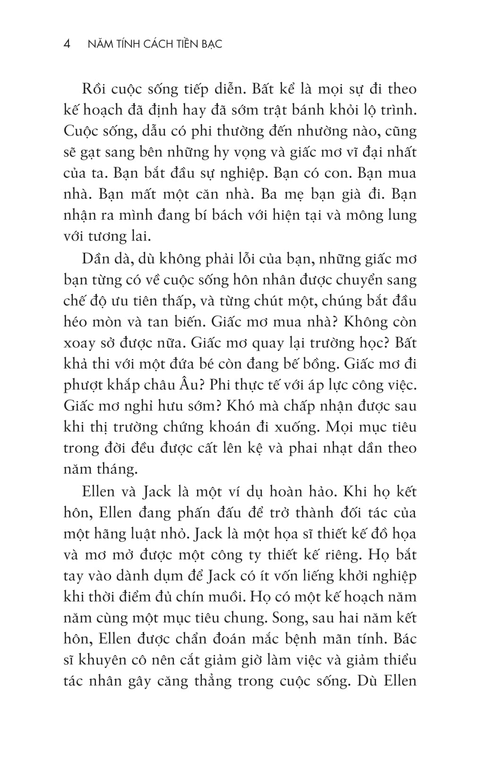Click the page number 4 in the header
point(67,44)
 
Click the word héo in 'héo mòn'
point(77,322)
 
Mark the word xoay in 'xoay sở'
point(78,343)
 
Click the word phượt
point(83,386)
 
